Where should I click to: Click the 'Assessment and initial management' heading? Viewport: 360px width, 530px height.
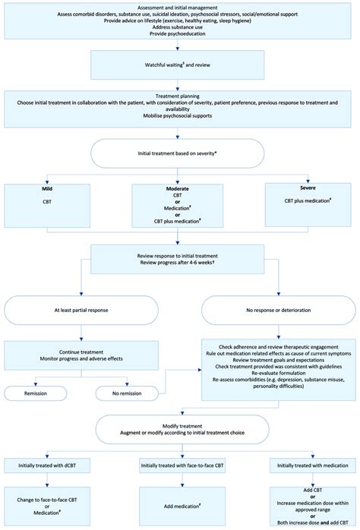180,5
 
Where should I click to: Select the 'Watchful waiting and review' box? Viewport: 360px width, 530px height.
180,65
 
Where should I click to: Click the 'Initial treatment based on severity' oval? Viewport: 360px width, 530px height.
180,153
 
